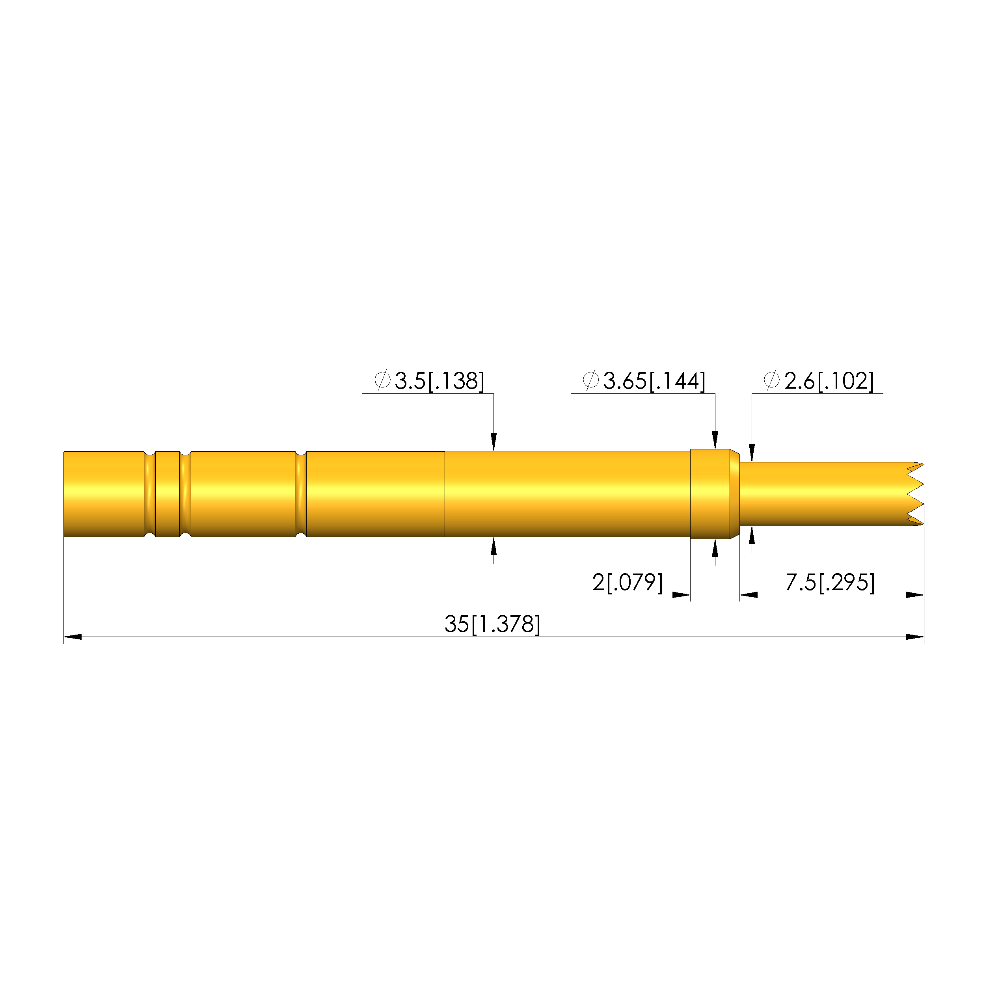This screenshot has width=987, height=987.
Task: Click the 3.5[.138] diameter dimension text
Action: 439,381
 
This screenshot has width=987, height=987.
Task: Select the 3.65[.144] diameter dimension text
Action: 654,381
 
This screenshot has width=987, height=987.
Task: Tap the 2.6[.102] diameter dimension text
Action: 829,381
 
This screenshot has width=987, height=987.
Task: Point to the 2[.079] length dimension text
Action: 628,583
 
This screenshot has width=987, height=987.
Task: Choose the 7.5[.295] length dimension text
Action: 830,583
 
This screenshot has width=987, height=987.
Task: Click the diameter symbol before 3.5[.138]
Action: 383,380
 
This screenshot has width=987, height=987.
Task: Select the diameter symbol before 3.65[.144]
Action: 591,380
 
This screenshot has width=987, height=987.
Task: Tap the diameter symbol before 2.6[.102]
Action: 772,380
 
